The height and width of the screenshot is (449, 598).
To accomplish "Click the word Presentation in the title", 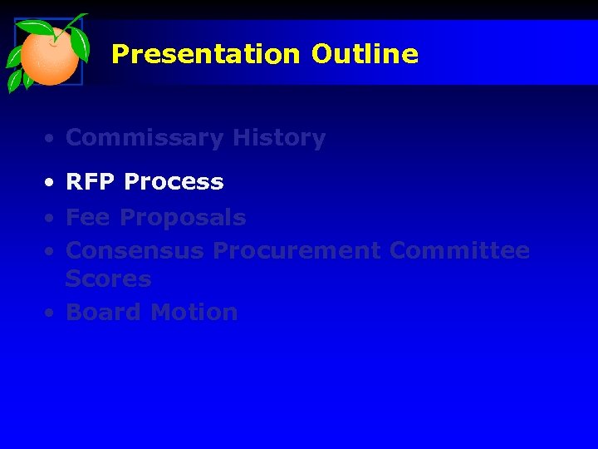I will [205, 55].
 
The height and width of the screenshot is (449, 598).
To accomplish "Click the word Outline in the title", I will [365, 55].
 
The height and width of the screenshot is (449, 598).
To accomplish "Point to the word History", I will [279, 138].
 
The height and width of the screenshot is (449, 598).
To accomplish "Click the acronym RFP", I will [91, 182].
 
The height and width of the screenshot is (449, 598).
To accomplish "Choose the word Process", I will [173, 182].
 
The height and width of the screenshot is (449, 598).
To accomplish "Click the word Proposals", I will [183, 219].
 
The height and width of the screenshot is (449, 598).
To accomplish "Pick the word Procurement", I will [297, 250].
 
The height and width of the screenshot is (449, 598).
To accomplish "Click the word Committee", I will [458, 250].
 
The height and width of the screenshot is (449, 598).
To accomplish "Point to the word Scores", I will [108, 279].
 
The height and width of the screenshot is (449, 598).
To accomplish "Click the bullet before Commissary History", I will [51, 139].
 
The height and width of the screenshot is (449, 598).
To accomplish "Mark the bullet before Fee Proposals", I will [51, 219].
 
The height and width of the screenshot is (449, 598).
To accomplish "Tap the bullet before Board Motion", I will [51, 313].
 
